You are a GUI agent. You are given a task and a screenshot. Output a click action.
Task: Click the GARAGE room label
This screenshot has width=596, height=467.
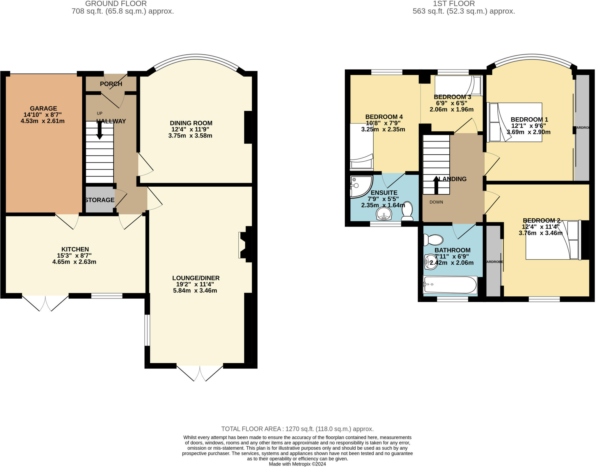click(43, 108)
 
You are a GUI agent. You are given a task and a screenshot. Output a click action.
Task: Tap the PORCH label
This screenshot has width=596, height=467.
click(111, 84)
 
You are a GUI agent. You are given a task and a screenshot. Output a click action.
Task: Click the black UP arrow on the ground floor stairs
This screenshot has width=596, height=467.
click(100, 130)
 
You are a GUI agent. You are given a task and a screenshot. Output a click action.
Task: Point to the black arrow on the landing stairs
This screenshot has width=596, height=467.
click(436, 185)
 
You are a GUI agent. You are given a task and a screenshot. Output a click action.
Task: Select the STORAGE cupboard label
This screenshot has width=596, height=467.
click(100, 200)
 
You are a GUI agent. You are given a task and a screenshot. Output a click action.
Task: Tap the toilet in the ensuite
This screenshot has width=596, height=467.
click(407, 211)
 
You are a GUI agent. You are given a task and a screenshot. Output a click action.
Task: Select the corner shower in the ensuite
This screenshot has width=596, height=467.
click(360, 186)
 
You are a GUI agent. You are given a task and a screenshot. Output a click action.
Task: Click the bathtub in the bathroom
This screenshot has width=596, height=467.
click(450, 285)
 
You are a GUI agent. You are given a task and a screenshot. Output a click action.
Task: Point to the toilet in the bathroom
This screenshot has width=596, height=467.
click(433, 240)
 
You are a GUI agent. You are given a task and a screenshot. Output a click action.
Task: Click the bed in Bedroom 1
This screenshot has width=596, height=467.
click(515, 122)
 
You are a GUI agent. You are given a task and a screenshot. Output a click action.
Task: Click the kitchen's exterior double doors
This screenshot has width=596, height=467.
click(45, 303)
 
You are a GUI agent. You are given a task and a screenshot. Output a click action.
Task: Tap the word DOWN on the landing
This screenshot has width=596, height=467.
click(436, 202)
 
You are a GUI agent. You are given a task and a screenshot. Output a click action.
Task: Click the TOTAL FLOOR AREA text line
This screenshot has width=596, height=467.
click(297, 429)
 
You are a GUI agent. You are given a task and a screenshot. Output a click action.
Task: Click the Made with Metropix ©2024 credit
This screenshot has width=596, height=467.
click(297, 464)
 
